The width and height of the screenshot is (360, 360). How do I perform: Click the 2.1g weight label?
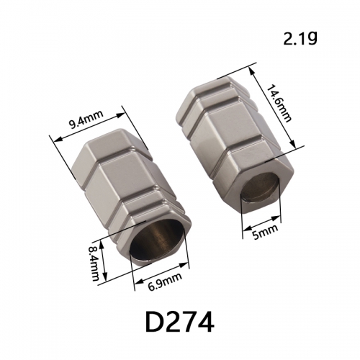tap(300, 38)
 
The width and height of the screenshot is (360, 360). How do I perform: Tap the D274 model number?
tap(180, 321)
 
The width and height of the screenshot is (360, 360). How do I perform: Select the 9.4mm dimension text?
tap(86, 120)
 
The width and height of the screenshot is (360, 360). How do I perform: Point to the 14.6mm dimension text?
tap(279, 103)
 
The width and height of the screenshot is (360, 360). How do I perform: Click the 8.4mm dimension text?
tap(94, 261)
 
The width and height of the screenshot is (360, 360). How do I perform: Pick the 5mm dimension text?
tap(265, 232)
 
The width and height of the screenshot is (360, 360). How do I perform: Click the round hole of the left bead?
tap(157, 240)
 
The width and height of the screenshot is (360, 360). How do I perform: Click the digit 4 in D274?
tap(204, 321)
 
